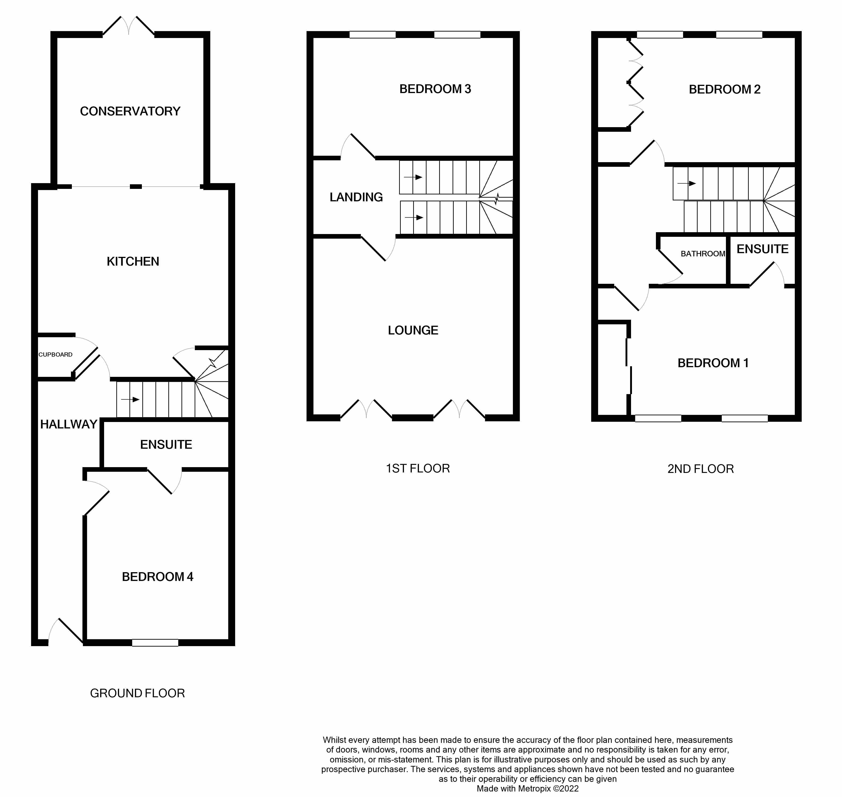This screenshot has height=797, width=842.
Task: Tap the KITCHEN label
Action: [133, 261]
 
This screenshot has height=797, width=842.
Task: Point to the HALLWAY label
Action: [69, 424]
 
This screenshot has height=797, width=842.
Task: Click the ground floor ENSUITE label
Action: [166, 444]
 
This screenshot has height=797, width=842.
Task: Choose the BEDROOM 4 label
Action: [157, 577]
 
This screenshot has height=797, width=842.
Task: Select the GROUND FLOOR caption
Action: [137, 693]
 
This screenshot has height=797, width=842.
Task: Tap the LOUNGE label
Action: [413, 330]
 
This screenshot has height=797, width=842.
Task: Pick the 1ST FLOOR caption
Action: [418, 468]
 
